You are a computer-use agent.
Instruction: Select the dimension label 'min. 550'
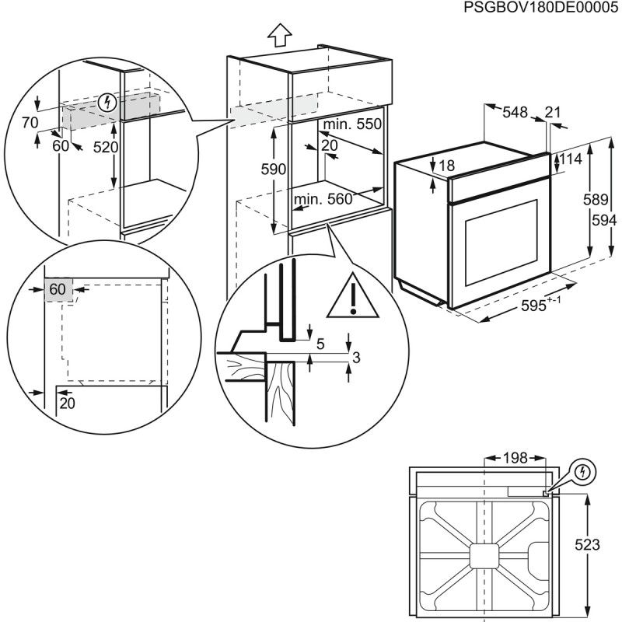pyautogui.click(x=354, y=124)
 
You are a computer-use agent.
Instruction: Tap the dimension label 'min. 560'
pyautogui.click(x=323, y=199)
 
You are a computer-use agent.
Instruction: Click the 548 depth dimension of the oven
pyautogui.click(x=514, y=113)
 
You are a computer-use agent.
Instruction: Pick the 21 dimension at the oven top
pyautogui.click(x=553, y=113)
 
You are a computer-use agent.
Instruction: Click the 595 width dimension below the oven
pyautogui.click(x=536, y=306)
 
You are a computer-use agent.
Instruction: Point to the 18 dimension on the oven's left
pyautogui.click(x=446, y=165)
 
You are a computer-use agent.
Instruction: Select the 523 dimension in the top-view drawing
pyautogui.click(x=589, y=545)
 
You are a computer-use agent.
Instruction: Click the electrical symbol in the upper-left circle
pyautogui.click(x=109, y=102)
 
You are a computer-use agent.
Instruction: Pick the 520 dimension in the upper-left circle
pyautogui.click(x=105, y=147)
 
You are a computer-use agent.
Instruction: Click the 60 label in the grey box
pyautogui.click(x=58, y=289)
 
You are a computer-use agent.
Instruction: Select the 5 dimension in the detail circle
pyautogui.click(x=321, y=343)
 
